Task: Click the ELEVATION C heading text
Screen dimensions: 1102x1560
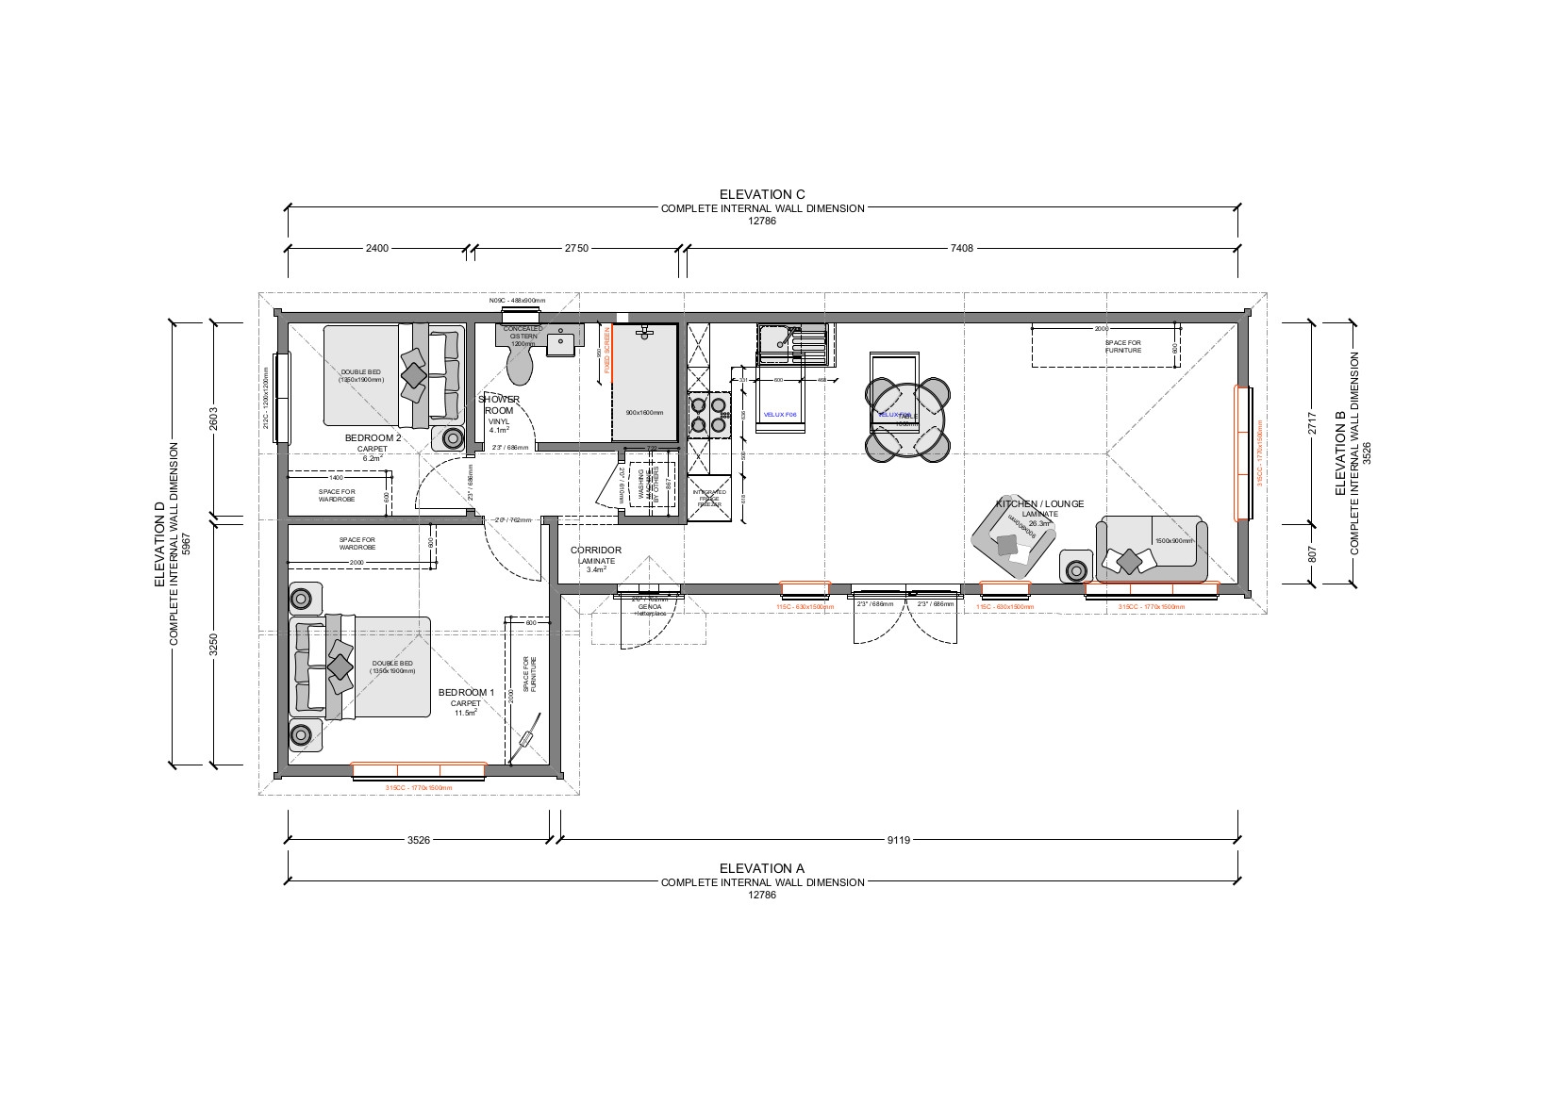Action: point(762,194)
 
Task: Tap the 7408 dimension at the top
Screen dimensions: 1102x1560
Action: point(961,249)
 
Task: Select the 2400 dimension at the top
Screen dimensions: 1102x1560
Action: point(376,249)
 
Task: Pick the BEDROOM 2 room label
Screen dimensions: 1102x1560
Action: point(373,438)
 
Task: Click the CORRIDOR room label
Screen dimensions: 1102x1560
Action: point(595,551)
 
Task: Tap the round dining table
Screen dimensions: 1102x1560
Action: point(907,418)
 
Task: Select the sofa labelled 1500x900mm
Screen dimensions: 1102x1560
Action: point(1151,549)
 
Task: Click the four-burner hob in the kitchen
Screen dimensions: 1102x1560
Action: point(708,415)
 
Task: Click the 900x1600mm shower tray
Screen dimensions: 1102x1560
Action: point(644,382)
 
